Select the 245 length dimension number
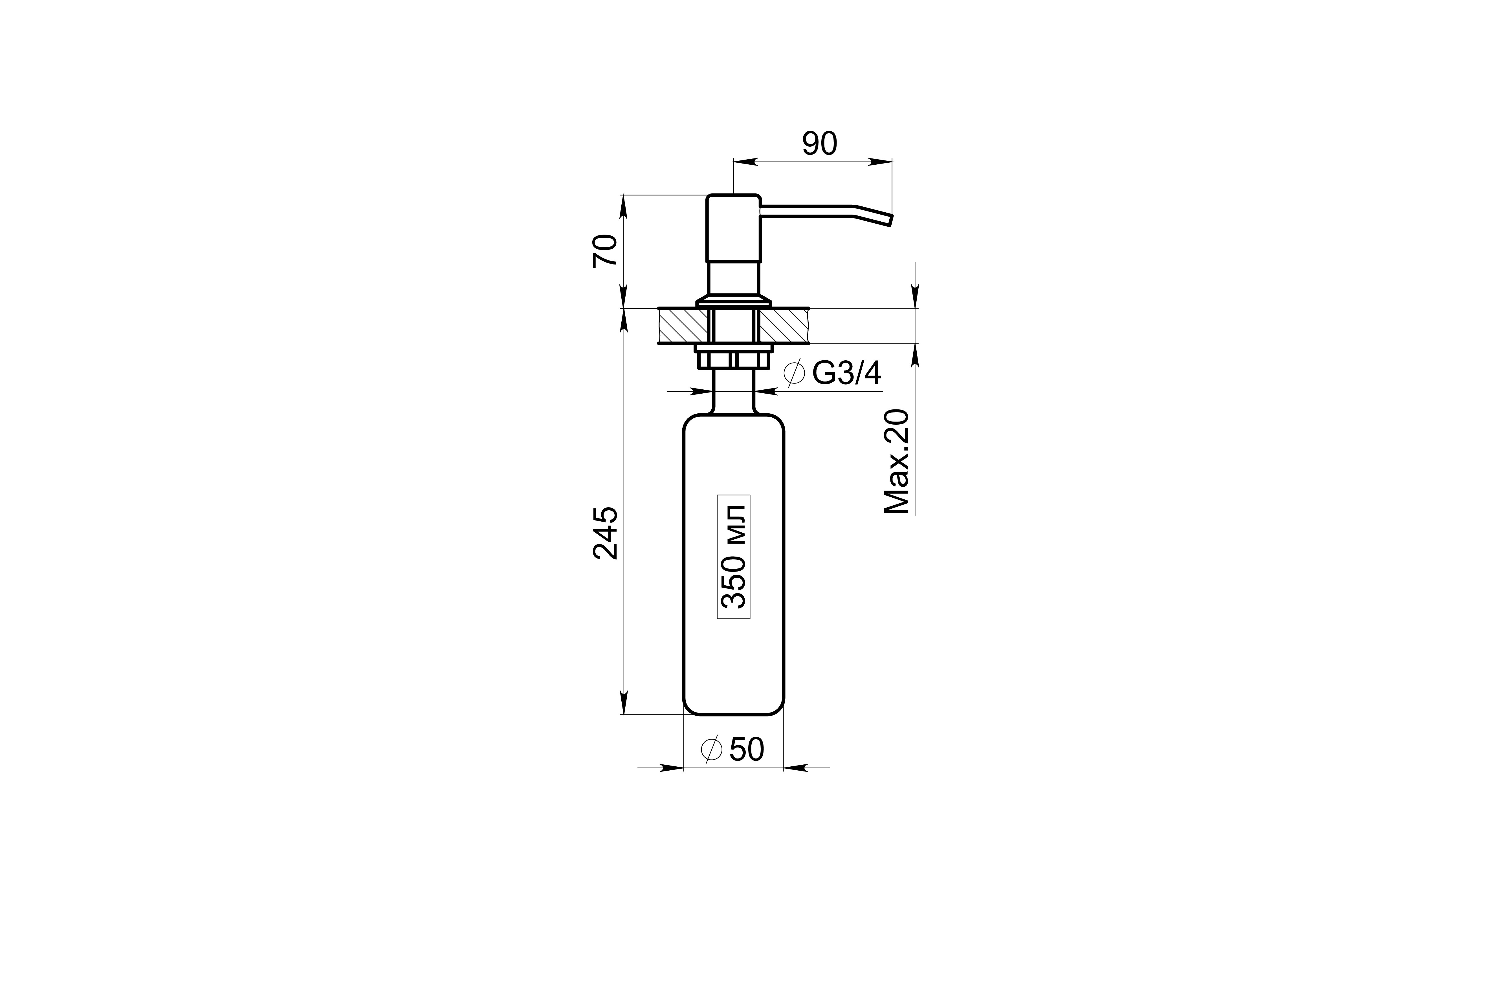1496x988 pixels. tap(606, 532)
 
